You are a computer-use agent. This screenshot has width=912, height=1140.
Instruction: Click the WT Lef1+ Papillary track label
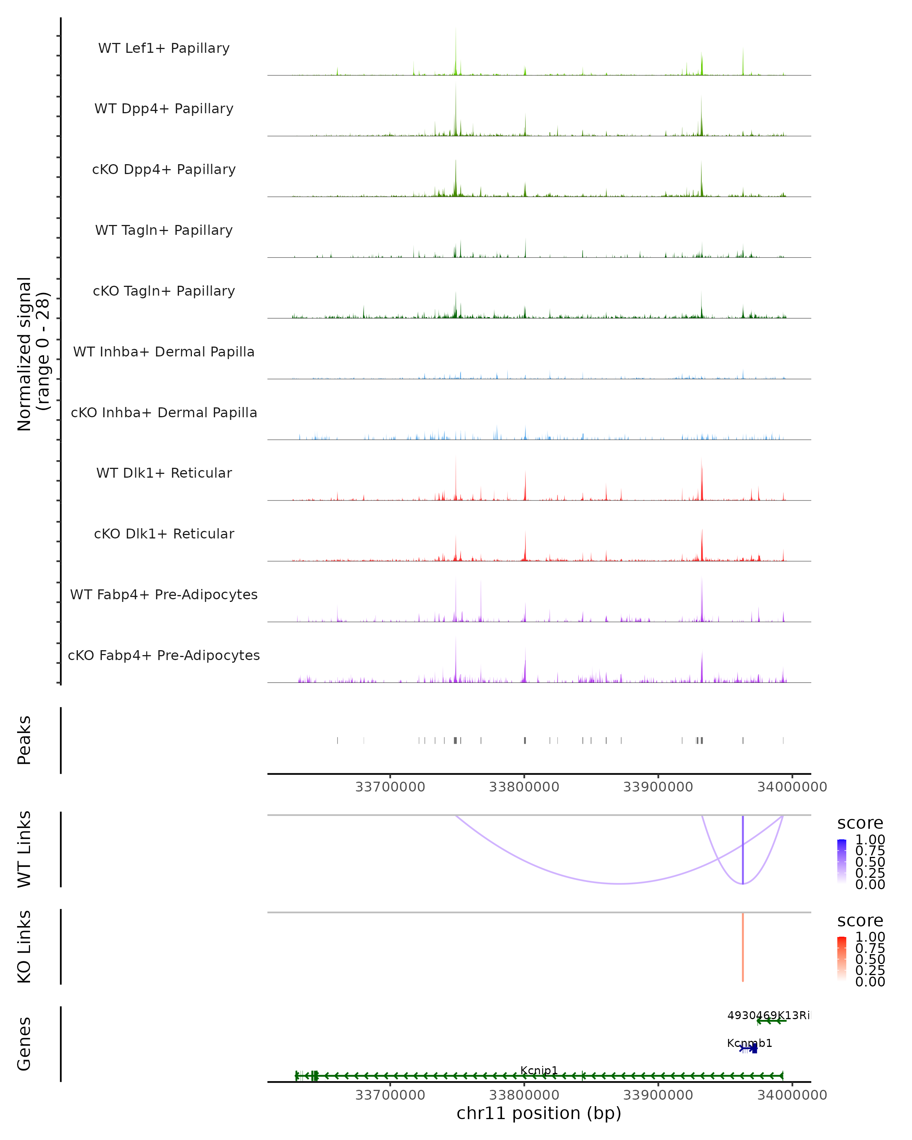tap(164, 48)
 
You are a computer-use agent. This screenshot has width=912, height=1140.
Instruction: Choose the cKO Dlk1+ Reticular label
tap(164, 534)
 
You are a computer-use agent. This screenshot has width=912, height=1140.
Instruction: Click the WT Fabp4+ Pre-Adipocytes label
tap(164, 594)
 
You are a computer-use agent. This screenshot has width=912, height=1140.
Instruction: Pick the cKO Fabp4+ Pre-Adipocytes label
tap(164, 655)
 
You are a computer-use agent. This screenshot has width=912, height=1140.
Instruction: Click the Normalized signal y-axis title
tap(33, 354)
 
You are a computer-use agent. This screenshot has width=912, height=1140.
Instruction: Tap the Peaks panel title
tap(24, 740)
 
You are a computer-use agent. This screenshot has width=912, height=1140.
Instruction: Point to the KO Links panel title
tap(24, 947)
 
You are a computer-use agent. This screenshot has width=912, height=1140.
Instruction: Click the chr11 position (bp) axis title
tap(539, 1113)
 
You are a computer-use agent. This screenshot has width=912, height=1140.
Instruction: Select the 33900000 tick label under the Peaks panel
tap(658, 787)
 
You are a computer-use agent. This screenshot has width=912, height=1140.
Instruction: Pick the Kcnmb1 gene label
tap(749, 1043)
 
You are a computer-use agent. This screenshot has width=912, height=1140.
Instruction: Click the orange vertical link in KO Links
tap(743, 947)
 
